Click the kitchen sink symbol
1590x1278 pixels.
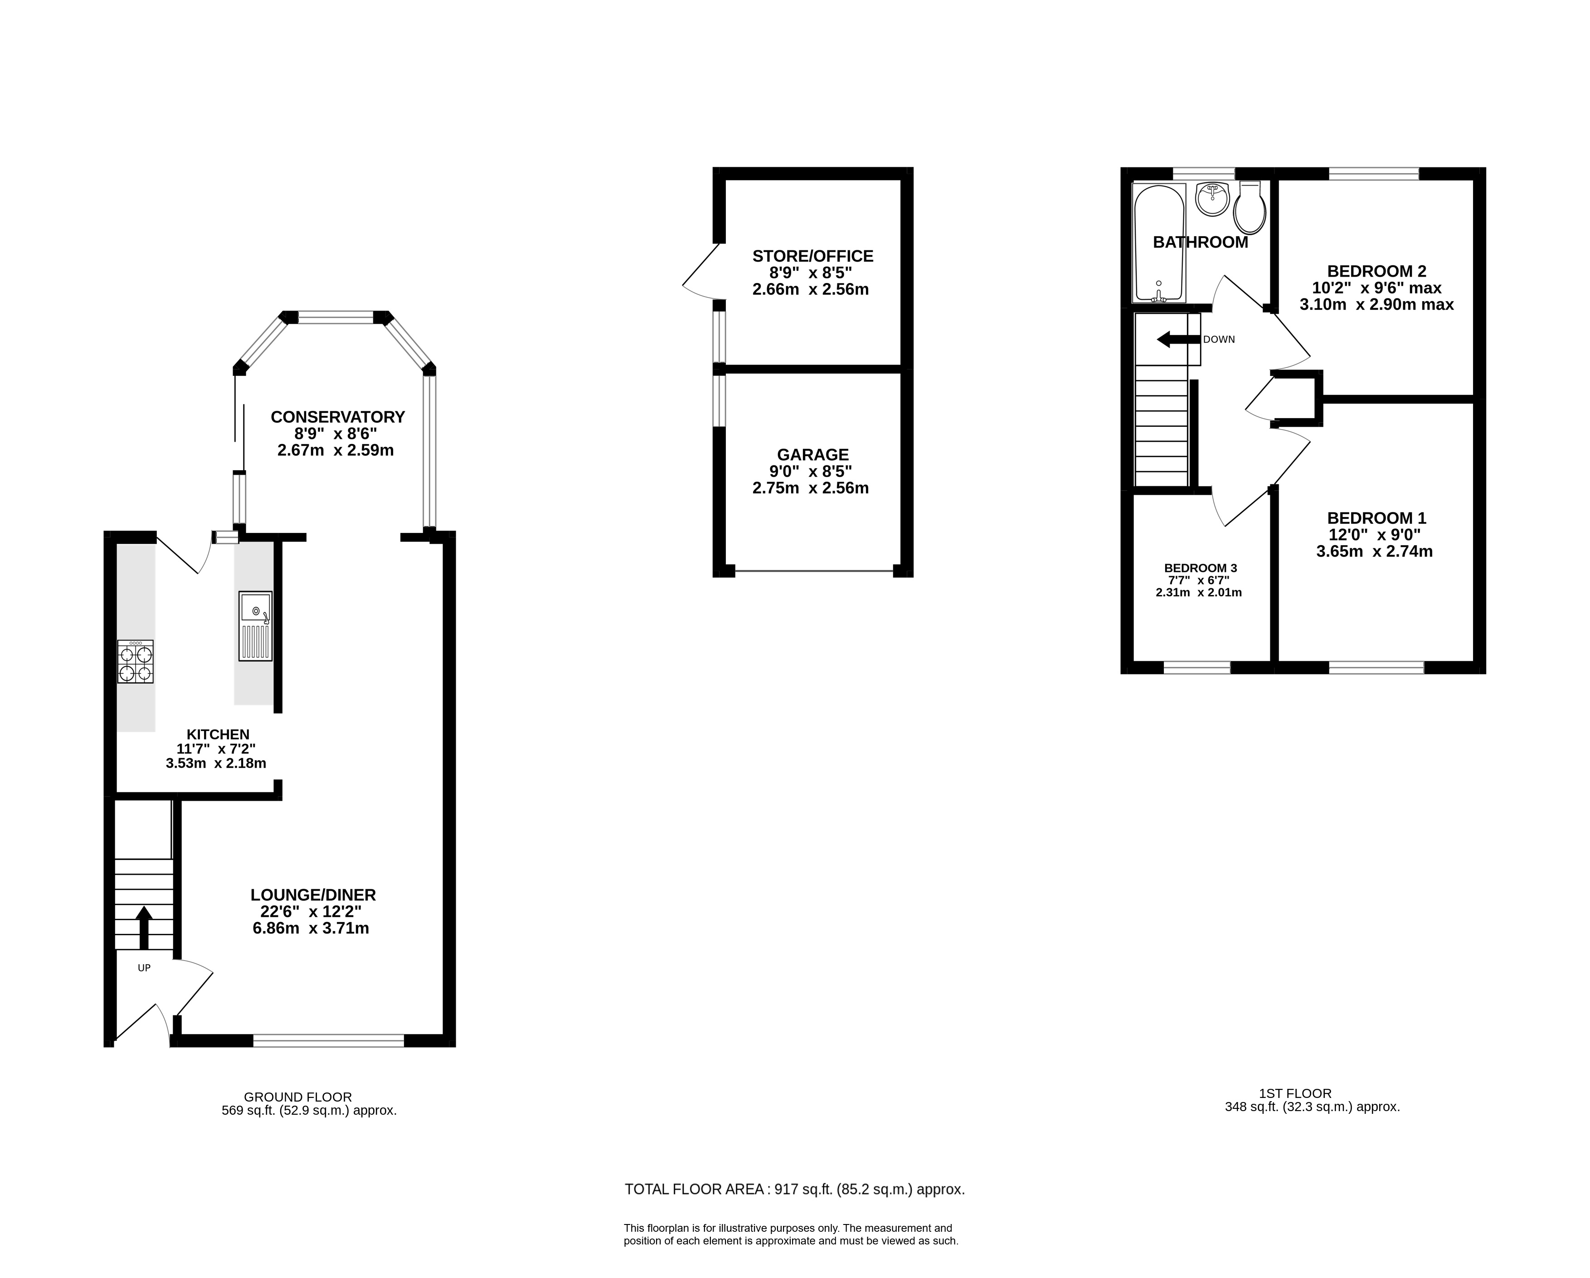point(255,626)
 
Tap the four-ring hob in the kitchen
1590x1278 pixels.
point(136,662)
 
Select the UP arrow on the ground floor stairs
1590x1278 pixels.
point(144,927)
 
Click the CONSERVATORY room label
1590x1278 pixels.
point(338,417)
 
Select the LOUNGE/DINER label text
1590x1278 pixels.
point(313,895)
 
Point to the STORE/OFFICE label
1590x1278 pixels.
point(813,256)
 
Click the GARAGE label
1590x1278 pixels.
point(813,454)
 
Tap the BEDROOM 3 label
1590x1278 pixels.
point(1201,568)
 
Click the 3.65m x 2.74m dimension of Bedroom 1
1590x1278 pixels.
point(1374,551)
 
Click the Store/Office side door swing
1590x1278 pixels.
point(700,273)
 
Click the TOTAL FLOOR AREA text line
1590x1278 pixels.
point(794,1190)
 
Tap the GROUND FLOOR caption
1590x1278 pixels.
point(298,1097)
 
